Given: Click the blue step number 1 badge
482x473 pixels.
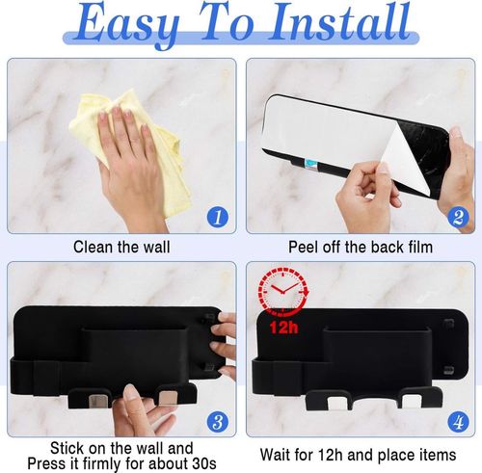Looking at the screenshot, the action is [218, 217].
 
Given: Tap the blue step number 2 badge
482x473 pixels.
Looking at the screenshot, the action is [458, 217].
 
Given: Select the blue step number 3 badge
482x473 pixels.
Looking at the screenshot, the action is [218, 421].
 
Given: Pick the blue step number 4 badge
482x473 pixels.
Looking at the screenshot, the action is [458, 421].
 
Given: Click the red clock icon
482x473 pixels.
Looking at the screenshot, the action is [283, 290].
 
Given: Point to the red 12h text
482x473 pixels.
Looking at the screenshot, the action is [283, 328].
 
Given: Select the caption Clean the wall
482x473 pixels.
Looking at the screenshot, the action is [121, 247].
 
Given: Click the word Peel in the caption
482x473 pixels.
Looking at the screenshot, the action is [304, 247].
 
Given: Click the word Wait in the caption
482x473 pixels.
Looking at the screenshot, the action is [275, 455].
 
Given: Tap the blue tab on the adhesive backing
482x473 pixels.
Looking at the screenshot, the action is [310, 164].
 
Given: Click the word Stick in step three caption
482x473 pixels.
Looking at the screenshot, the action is [67, 448].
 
